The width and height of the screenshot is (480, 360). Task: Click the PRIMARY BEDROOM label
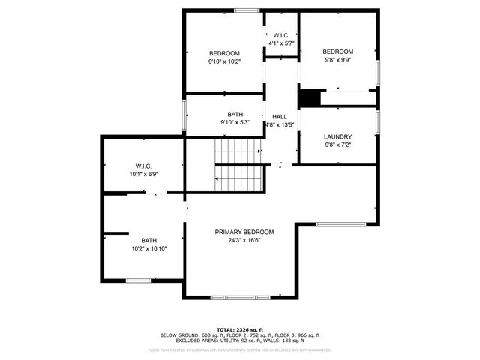click(x=244, y=232)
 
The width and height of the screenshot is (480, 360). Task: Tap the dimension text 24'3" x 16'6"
click(x=244, y=241)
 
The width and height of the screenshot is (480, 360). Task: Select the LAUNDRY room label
click(x=337, y=136)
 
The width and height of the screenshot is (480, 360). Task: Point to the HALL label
click(x=280, y=117)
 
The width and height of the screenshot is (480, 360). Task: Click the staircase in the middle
click(x=238, y=163)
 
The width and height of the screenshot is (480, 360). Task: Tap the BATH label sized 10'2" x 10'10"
click(x=148, y=240)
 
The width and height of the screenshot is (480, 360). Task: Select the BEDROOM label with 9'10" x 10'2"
click(x=224, y=53)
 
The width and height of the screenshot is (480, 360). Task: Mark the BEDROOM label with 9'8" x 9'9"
click(x=337, y=52)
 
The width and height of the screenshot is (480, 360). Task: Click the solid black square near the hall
click(x=309, y=98)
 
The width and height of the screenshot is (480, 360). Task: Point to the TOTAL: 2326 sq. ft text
click(x=239, y=329)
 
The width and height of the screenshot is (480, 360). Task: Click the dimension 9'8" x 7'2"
click(x=337, y=145)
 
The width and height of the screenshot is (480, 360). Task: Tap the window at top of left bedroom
click(x=246, y=10)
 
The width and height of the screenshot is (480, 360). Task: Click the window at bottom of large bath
click(x=138, y=280)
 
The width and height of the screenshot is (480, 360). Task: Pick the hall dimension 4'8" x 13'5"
click(x=280, y=125)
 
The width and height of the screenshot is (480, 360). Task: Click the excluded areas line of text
click(x=239, y=341)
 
